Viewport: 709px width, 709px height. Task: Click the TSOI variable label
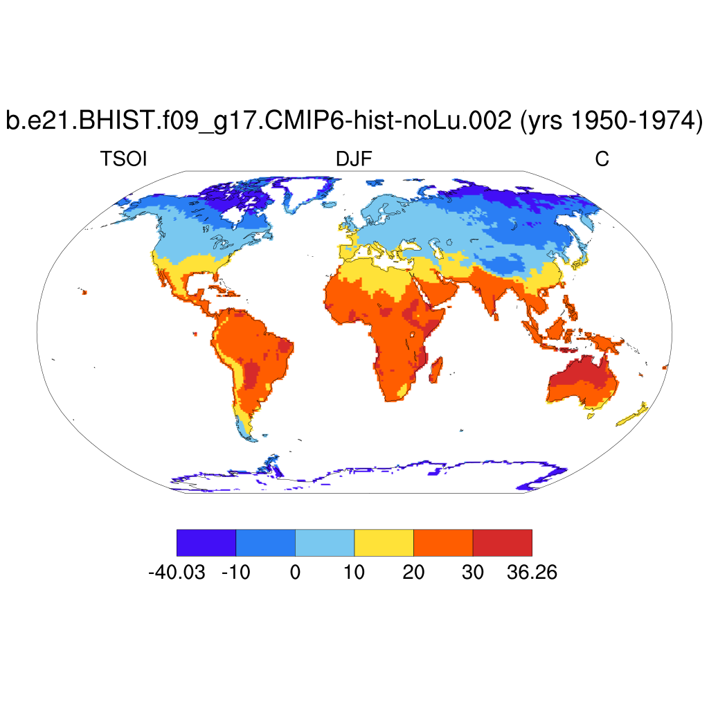pos(125,159)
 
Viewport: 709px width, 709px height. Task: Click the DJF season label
pos(354,159)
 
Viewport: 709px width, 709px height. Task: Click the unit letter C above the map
pos(602,159)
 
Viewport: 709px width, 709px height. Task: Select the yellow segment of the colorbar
pos(384,542)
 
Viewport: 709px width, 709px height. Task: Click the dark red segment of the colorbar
pos(502,542)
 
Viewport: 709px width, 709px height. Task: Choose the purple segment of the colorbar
pos(206,542)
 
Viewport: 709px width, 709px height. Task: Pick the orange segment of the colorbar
pos(443,542)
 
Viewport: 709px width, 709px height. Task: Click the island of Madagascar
pos(435,370)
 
